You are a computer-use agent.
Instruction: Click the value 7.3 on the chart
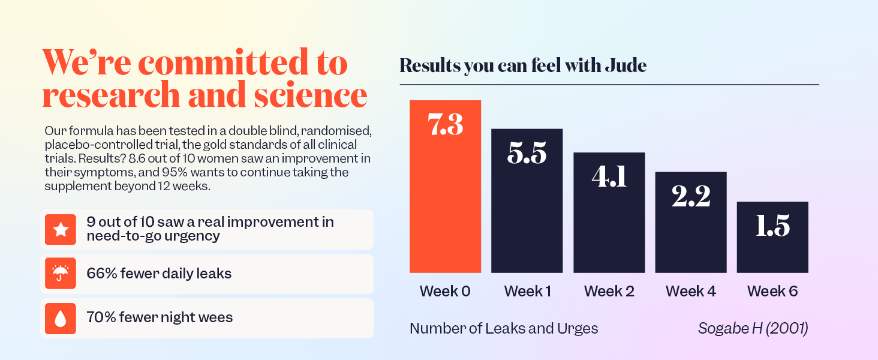[445, 125]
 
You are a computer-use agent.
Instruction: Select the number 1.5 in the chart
[772, 226]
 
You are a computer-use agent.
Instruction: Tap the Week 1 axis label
[527, 292]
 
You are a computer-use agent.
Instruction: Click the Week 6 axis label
[772, 292]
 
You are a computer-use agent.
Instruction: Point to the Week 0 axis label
[445, 292]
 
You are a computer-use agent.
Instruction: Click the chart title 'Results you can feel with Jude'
[523, 65]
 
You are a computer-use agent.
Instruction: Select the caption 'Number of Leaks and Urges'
[504, 329]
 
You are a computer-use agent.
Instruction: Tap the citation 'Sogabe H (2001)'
[753, 329]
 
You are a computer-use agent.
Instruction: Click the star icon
[61, 230]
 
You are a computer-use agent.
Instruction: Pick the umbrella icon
[61, 274]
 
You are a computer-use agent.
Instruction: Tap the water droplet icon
[61, 319]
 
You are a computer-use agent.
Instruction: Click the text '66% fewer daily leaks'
[159, 274]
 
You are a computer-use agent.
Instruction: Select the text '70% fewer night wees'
[160, 317]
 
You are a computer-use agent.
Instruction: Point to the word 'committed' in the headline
[222, 63]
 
